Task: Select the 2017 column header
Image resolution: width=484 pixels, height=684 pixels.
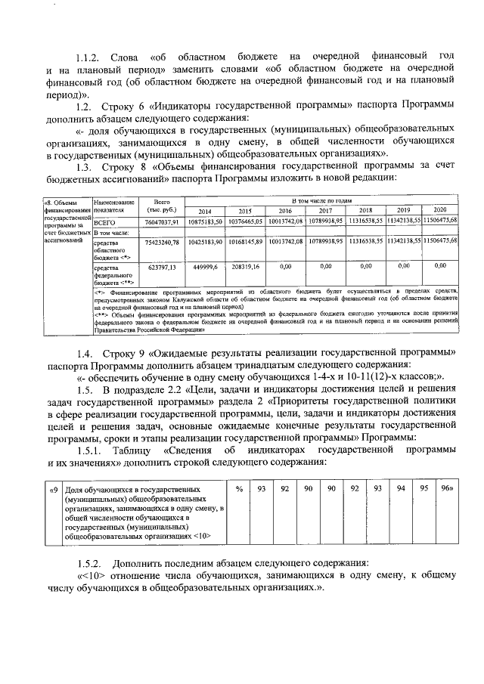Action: (x=325, y=211)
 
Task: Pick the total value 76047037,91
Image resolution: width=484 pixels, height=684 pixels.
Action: (x=160, y=222)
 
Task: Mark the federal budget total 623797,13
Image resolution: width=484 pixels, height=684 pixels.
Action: (x=160, y=267)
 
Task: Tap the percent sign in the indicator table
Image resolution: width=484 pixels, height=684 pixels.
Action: (x=239, y=490)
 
